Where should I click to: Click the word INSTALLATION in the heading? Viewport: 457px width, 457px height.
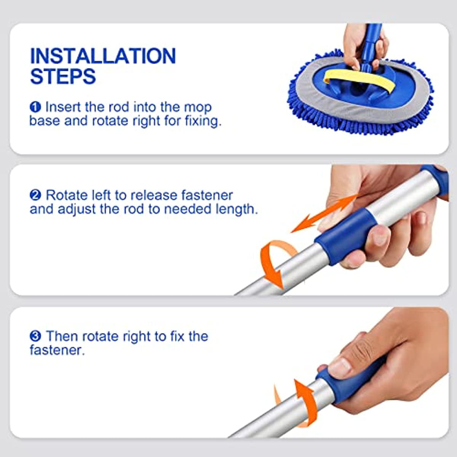point(103,56)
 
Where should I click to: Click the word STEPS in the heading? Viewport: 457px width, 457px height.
point(63,76)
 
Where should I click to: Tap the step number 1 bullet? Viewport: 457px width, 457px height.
point(35,107)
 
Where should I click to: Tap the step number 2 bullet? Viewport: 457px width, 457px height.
point(35,195)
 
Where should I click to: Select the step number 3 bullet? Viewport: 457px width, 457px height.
point(35,337)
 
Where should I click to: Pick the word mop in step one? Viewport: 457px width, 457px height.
point(198,107)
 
